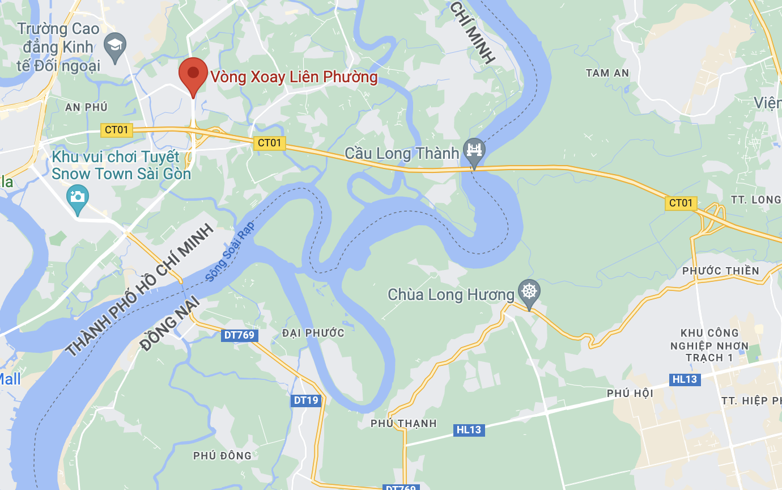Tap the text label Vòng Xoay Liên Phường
294,77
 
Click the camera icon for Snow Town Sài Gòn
78,197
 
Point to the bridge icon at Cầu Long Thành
474,150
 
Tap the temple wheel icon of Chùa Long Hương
529,292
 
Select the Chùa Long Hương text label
451,294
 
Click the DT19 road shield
307,400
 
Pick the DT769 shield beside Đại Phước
239,335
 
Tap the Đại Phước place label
313,333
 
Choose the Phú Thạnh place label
403,424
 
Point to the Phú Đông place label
222,455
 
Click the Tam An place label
607,73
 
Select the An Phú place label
86,107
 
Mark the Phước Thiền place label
720,271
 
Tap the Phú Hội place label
630,393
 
